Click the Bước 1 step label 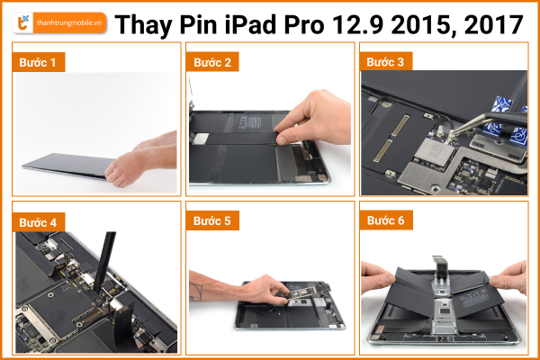[38, 62]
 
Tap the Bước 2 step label [212, 62]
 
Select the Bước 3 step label [386, 61]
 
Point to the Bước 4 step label [38, 222]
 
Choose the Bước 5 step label [212, 220]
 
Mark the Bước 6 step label [386, 220]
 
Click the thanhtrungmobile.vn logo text [69, 23]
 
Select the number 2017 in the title [494, 25]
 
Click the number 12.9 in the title [357, 25]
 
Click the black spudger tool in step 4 [103, 263]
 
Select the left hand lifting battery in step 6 [377, 276]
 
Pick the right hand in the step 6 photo [509, 278]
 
